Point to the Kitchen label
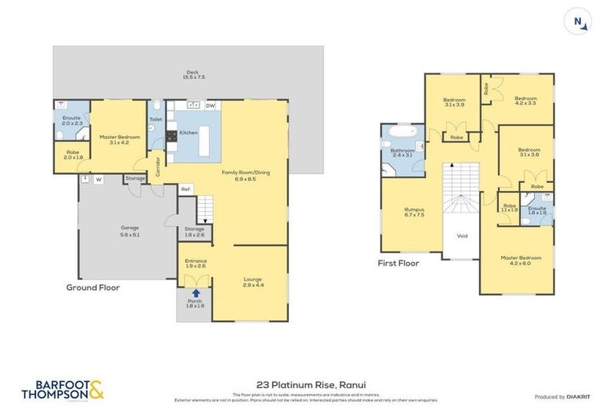point(188,133)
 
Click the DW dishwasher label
point(210,105)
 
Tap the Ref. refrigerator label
point(185,189)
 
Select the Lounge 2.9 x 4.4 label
point(252,282)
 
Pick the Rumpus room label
point(414,212)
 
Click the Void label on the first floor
point(461,236)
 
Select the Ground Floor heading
point(93,287)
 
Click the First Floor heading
point(398,262)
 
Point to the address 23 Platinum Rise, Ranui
point(306,384)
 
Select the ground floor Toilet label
point(156,120)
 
